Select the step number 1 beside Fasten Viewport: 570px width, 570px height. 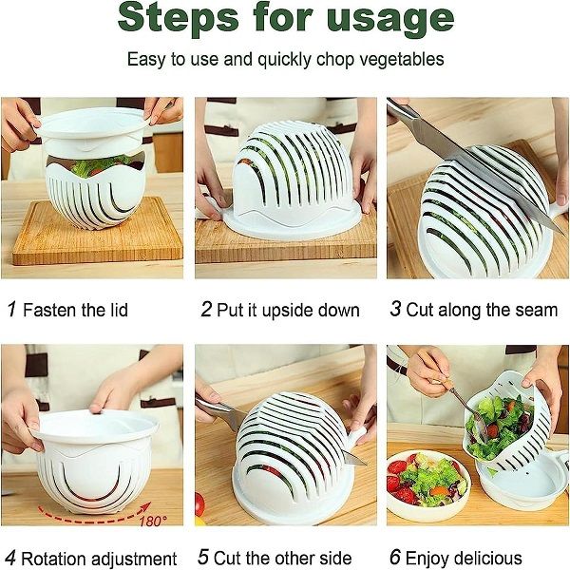[x=10, y=310]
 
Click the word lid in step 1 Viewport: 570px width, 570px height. [x=115, y=310]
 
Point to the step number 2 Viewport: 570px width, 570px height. [x=206, y=310]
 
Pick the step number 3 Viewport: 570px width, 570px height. [x=396, y=310]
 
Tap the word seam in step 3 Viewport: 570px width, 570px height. [x=536, y=310]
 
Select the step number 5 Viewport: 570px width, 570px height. [x=203, y=558]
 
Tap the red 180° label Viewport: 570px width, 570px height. [x=153, y=520]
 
